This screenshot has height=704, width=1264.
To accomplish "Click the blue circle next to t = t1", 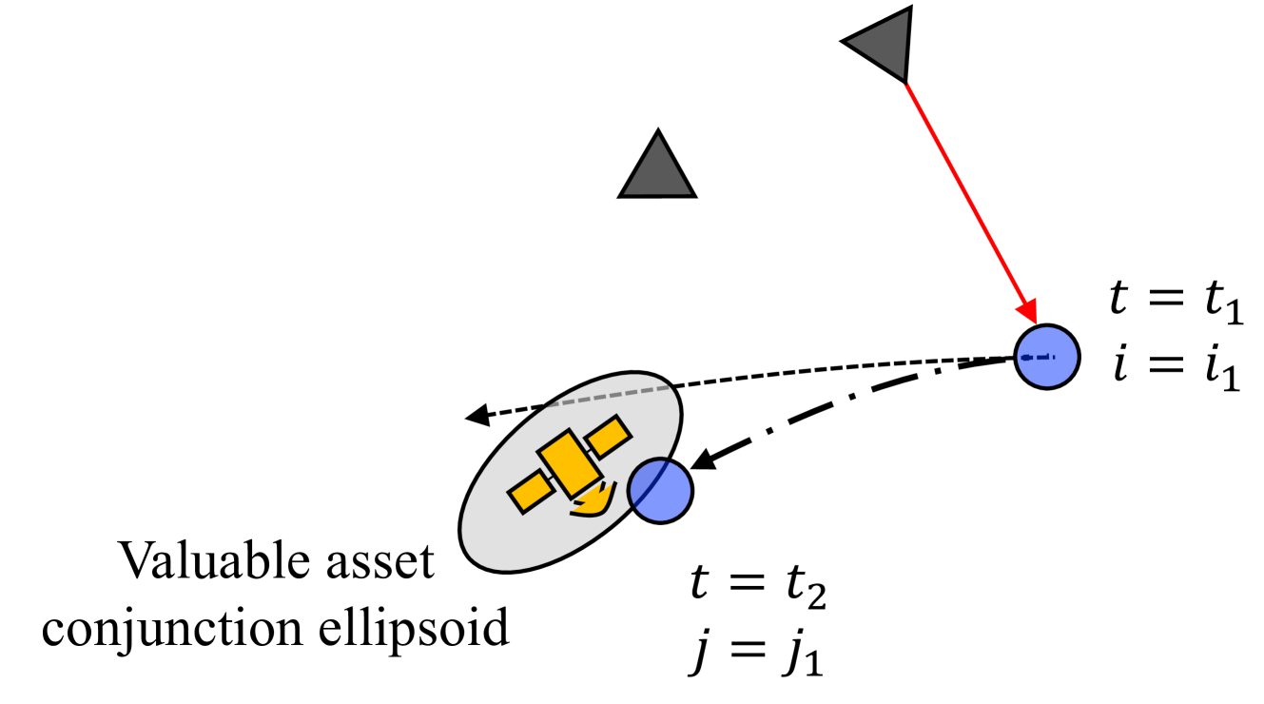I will pyautogui.click(x=1046, y=357).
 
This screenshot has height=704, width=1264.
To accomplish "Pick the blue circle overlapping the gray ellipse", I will pyautogui.click(x=660, y=490).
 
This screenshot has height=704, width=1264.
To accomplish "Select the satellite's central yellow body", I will pyautogui.click(x=569, y=462).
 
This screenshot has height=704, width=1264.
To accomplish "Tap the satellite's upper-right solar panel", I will pyautogui.click(x=608, y=436).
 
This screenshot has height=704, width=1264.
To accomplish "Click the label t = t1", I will pyautogui.click(x=1176, y=306).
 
